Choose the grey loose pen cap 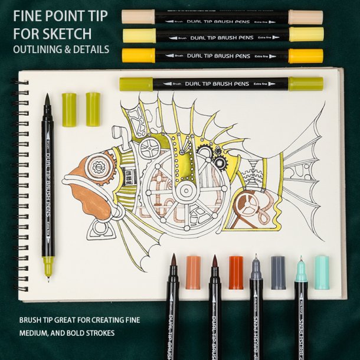(x=278, y=272)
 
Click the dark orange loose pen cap (x=236, y=273)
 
